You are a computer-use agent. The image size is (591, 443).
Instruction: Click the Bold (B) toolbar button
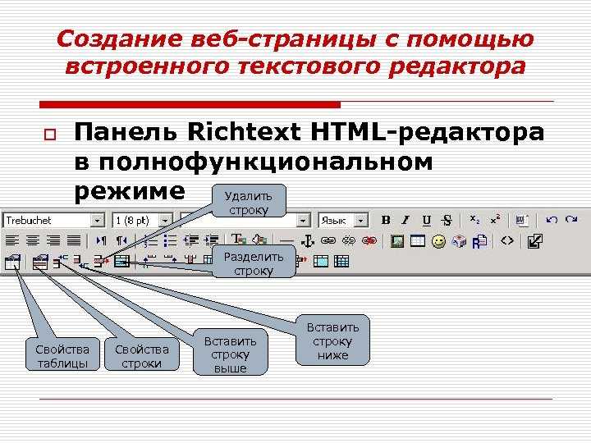coord(386,220)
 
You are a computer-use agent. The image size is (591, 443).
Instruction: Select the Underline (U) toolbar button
coord(426,221)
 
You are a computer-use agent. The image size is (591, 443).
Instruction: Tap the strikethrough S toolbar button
coord(447,221)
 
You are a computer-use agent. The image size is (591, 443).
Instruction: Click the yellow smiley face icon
coord(438,241)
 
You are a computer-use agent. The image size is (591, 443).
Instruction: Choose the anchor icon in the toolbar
coord(308,241)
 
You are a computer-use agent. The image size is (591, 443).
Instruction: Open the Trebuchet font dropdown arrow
coord(97,221)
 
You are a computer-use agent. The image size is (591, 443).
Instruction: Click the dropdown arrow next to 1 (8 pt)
coord(166,221)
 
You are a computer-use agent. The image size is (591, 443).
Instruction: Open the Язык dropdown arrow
coord(361,221)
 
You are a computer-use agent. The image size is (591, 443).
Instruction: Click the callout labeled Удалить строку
coord(249,201)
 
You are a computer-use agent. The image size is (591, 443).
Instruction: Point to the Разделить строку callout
coord(254,262)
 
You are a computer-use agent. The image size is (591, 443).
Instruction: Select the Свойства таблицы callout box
coord(62,354)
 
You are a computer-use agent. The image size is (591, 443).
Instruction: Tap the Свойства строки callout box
coord(142,354)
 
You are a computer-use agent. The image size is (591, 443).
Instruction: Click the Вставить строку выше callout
coord(231,352)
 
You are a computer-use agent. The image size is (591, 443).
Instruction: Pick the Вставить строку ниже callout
coord(332,340)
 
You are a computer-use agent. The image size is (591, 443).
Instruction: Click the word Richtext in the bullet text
coord(245,132)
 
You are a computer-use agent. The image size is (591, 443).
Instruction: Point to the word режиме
coord(130,192)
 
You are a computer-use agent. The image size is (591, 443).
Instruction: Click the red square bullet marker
coord(50,135)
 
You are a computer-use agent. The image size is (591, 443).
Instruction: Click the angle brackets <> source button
coord(507,240)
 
